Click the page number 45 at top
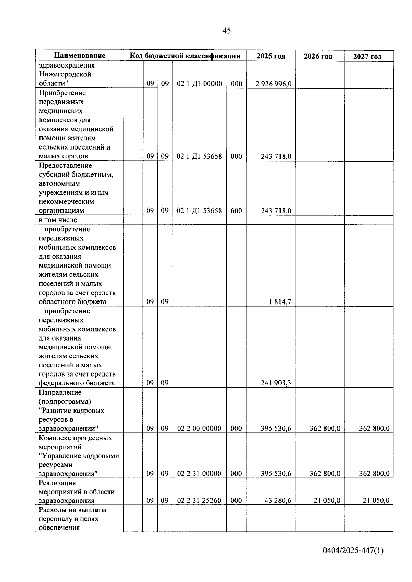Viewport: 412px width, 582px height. tap(227, 31)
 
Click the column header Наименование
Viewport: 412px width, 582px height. tap(79, 56)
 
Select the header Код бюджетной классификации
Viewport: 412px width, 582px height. tap(185, 56)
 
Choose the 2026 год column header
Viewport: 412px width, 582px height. tap(318, 56)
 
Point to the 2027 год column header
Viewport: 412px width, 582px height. tap(367, 57)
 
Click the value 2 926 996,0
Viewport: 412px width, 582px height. tap(273, 84)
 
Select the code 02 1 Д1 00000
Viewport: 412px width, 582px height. tap(199, 84)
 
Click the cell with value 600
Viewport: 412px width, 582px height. tap(236, 211)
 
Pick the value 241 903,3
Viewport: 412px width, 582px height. tap(276, 383)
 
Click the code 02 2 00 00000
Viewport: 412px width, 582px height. tap(199, 428)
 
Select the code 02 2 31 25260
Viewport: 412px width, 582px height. tap(199, 501)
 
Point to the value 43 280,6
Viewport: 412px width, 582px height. tap(278, 501)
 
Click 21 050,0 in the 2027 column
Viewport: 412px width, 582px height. tap(376, 501)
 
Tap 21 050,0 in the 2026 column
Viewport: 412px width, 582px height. tap(327, 501)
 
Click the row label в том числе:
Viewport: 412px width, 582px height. tap(59, 220)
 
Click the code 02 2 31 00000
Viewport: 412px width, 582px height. tap(199, 474)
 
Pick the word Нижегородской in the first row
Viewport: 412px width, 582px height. tap(65, 74)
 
